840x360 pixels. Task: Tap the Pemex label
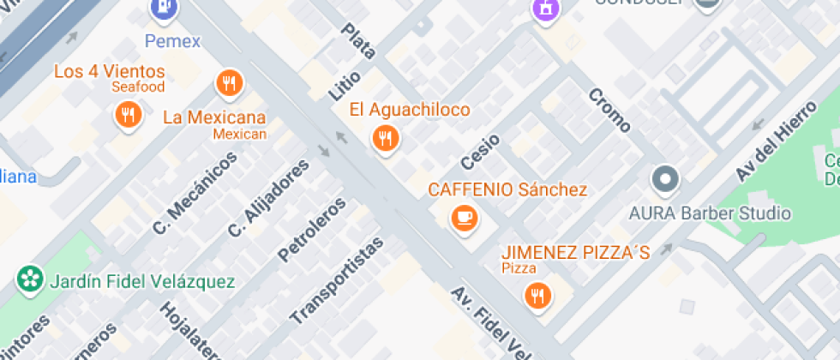tap(171, 40)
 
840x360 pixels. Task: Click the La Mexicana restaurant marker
tap(228, 83)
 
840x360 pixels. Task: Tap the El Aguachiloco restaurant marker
tap(385, 138)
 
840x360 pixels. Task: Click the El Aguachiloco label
tap(410, 110)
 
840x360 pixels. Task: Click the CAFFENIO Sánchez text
tap(507, 189)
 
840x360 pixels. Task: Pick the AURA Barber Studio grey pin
tap(665, 180)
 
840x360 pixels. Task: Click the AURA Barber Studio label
tap(710, 213)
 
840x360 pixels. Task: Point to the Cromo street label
tap(609, 111)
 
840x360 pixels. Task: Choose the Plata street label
tap(358, 41)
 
